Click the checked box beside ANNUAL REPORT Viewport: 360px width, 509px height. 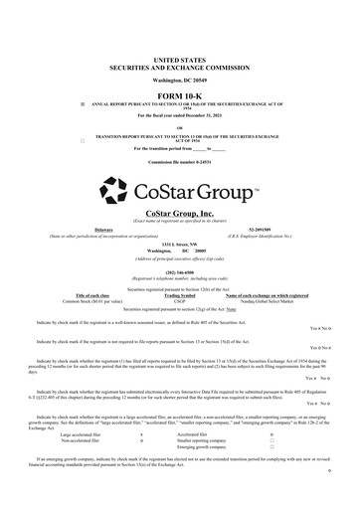[69, 77]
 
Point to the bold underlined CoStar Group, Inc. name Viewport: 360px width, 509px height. [179, 213]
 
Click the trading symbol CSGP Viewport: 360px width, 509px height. [180, 301]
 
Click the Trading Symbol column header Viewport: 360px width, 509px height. [180, 295]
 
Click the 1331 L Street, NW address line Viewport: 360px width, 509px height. [180, 242]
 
